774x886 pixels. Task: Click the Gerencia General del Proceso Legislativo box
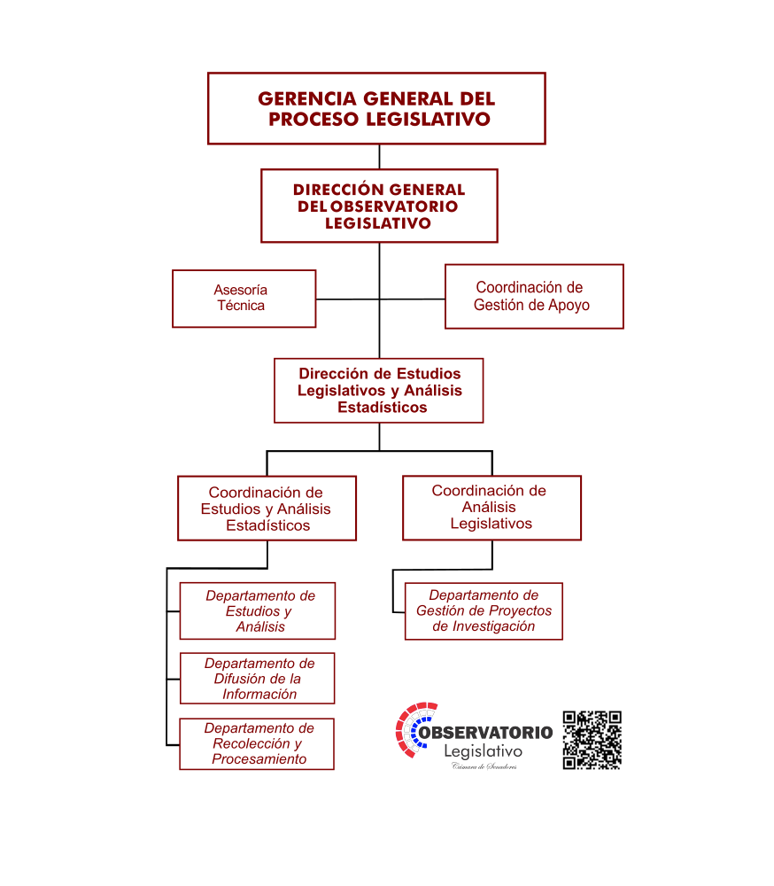click(x=376, y=108)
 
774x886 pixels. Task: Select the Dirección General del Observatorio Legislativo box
click(x=379, y=206)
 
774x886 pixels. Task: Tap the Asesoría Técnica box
click(x=244, y=299)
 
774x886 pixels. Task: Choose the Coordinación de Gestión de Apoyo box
click(x=534, y=296)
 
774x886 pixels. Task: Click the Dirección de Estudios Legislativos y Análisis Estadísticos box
click(x=378, y=391)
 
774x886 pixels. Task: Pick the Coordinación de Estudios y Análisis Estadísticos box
click(x=267, y=508)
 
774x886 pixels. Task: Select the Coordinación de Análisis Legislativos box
click(x=491, y=508)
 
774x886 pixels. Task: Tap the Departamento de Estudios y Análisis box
click(x=257, y=610)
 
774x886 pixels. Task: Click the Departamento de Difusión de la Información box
click(x=257, y=678)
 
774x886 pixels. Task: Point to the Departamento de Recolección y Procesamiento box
click(x=257, y=743)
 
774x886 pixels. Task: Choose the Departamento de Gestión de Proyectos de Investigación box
click(x=484, y=610)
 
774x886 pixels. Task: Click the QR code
click(x=592, y=740)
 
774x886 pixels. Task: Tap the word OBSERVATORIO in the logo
click(x=486, y=733)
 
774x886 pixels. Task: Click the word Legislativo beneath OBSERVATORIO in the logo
click(x=483, y=751)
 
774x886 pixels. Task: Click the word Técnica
click(x=241, y=306)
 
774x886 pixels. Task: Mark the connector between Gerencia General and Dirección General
click(x=379, y=157)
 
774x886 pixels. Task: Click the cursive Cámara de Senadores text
click(x=484, y=766)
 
